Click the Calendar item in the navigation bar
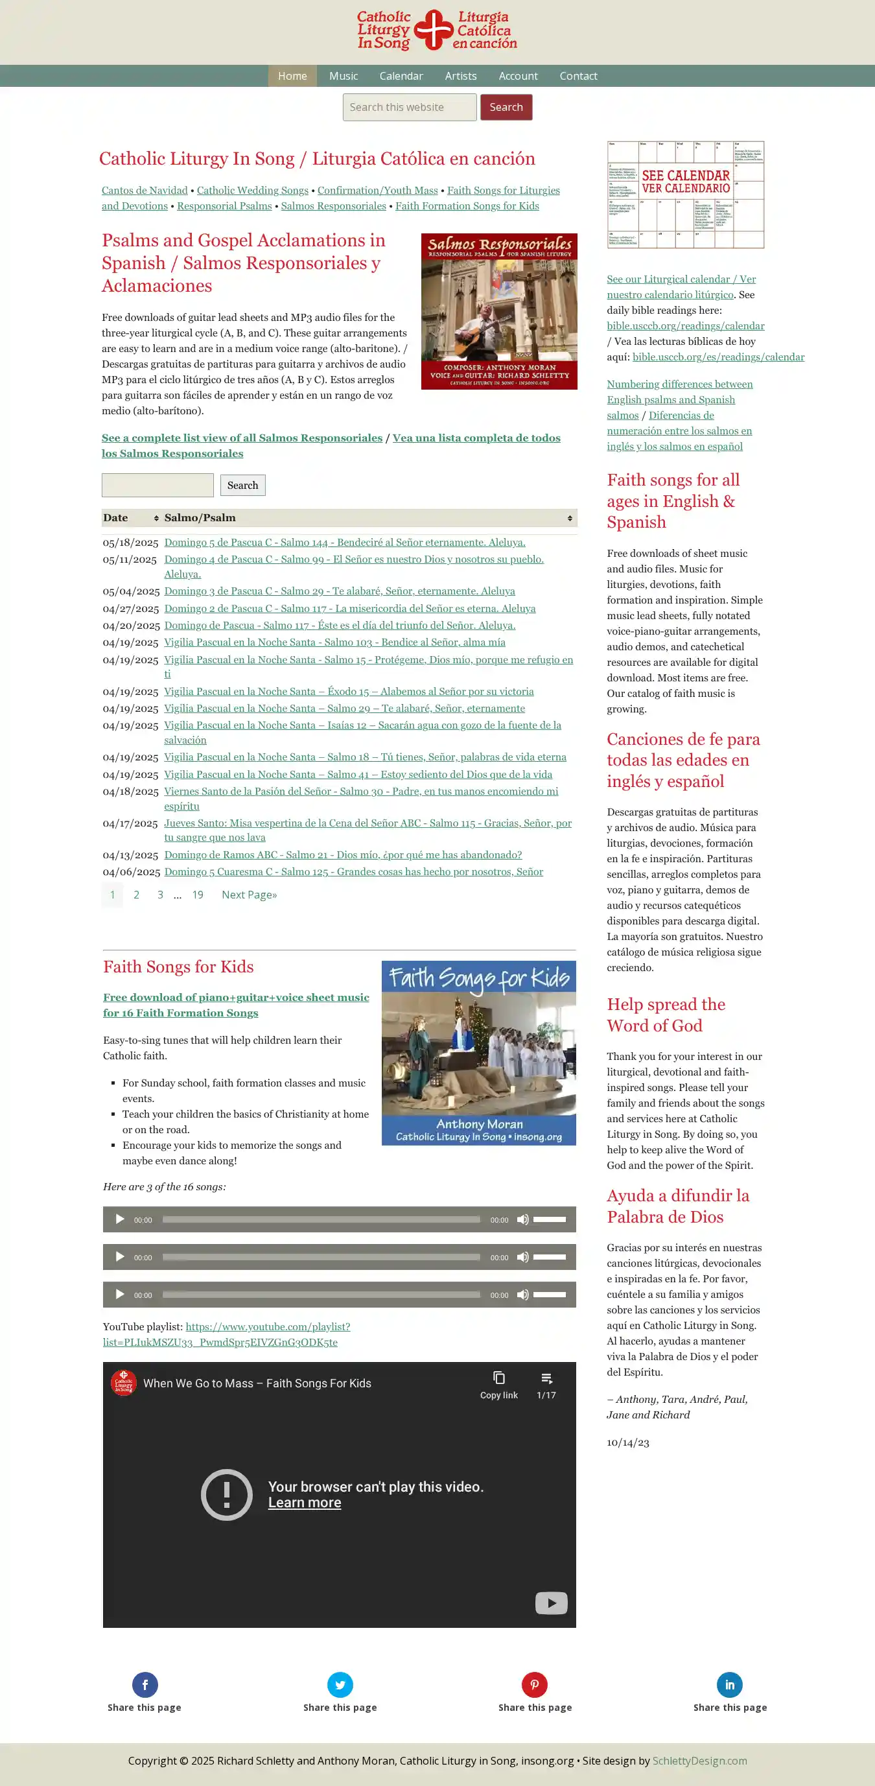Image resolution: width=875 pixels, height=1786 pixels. pyautogui.click(x=401, y=76)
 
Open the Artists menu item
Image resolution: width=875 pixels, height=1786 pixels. pyautogui.click(x=460, y=76)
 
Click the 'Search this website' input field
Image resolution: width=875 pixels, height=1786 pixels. pyautogui.click(x=409, y=108)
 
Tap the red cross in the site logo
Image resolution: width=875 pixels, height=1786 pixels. pyautogui.click(x=434, y=30)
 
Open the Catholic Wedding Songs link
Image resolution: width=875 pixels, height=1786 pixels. pyautogui.click(x=252, y=191)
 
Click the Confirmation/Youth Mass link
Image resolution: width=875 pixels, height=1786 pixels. pyautogui.click(x=377, y=191)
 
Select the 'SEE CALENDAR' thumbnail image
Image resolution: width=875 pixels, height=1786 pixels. pyautogui.click(x=685, y=195)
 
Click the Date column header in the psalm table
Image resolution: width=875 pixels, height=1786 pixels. pyautogui.click(x=130, y=518)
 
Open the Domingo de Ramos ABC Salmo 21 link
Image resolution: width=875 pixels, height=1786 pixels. pyautogui.click(x=342, y=855)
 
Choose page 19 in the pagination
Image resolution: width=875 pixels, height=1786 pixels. pyautogui.click(x=198, y=895)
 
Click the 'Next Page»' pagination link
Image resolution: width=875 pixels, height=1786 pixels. pyautogui.click(x=249, y=895)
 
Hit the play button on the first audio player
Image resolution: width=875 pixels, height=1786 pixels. pyautogui.click(x=120, y=1219)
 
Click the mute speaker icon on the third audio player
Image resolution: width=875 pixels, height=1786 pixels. pyautogui.click(x=523, y=1295)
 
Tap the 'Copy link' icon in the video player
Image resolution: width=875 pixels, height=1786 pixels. pyautogui.click(x=498, y=1378)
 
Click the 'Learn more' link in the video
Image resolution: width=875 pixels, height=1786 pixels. pyautogui.click(x=305, y=1503)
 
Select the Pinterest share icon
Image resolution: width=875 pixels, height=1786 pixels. pyautogui.click(x=535, y=1685)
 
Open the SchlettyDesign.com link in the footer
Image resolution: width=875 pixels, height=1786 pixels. pyautogui.click(x=699, y=1761)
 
